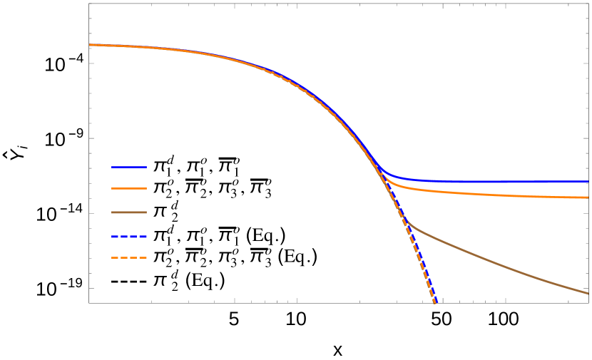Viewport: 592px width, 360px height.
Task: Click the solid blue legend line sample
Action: click(129, 167)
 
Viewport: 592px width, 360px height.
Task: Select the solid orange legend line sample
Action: click(129, 188)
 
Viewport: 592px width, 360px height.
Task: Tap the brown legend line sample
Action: click(129, 212)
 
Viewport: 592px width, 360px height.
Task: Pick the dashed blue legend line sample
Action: click(129, 236)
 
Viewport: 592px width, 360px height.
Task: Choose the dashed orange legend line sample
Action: click(129, 257)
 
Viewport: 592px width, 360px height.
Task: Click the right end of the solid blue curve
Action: click(588, 181)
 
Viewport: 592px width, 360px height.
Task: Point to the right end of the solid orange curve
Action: click(588, 197)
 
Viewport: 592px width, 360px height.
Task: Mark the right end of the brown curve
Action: click(588, 293)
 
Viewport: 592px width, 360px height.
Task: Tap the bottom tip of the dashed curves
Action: click(435, 303)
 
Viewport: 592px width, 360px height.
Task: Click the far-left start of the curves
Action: click(90, 45)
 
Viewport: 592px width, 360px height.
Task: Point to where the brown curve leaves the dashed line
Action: click(407, 222)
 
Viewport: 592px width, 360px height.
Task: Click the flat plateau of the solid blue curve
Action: click(499, 181)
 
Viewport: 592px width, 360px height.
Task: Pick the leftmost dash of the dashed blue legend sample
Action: click(115, 236)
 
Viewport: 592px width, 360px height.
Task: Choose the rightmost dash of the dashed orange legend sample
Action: click(143, 257)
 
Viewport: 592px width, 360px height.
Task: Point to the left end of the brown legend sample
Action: click(113, 212)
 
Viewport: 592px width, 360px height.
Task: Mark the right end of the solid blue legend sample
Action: click(146, 167)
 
